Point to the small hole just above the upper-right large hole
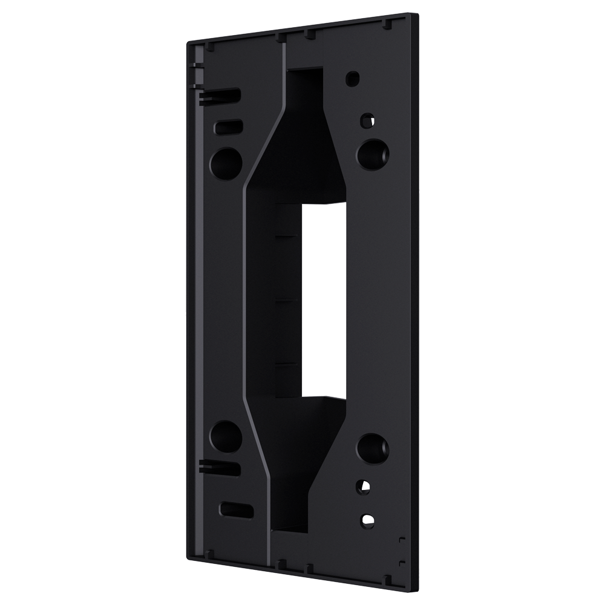click(365, 119)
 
